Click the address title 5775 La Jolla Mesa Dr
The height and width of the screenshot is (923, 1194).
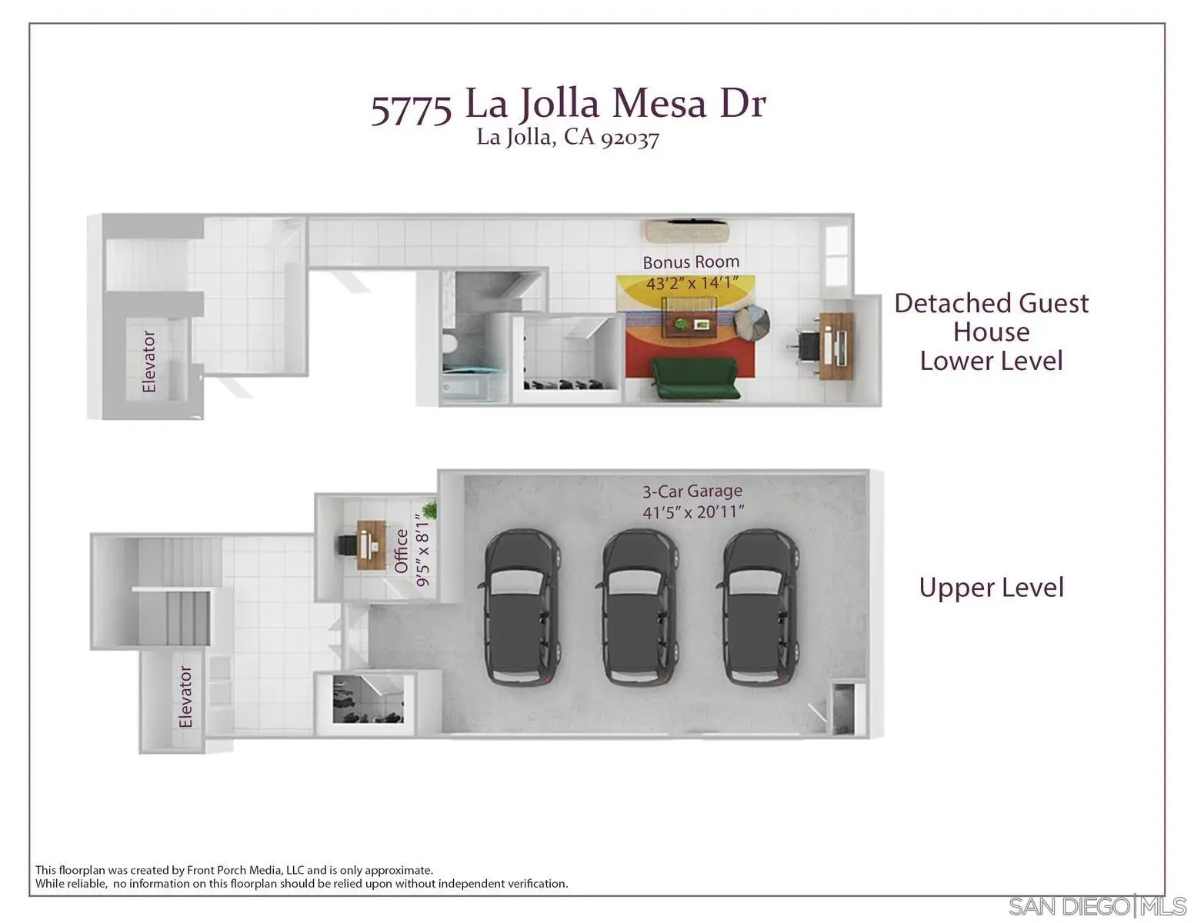(x=569, y=105)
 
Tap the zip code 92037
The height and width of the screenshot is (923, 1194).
(x=629, y=138)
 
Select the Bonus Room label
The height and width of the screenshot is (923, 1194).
(x=691, y=262)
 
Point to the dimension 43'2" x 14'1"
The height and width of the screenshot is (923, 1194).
(x=692, y=283)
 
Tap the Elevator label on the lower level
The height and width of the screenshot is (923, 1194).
(x=149, y=362)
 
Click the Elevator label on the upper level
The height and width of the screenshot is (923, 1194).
(x=185, y=697)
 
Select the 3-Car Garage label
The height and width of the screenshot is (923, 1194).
(x=692, y=491)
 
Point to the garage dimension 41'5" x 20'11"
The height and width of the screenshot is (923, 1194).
(x=693, y=511)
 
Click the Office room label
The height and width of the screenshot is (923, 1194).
(x=401, y=551)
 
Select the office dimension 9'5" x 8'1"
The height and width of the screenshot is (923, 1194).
(x=423, y=551)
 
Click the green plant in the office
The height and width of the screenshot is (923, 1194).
(x=429, y=509)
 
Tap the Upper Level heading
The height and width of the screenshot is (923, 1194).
(x=991, y=588)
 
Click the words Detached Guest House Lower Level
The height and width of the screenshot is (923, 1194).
(x=991, y=332)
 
